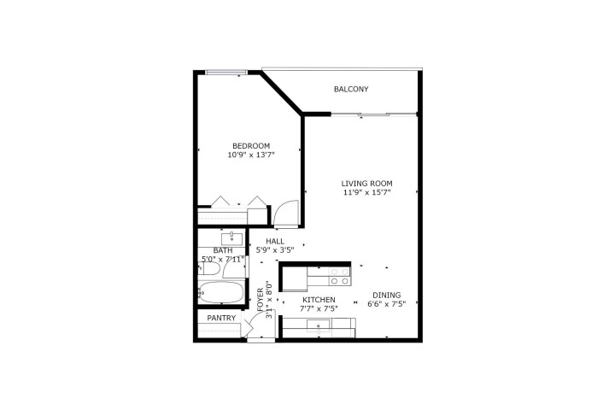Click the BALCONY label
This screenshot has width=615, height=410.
pos(351,89)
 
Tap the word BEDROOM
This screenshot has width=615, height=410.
pos(251,145)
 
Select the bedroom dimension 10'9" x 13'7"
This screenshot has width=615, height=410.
pos(251,155)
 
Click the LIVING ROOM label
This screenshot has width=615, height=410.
pos(366,184)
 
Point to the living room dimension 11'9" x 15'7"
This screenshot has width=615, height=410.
pos(366,194)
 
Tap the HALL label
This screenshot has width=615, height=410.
pos(275,242)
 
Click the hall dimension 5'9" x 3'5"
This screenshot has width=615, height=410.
pos(275,251)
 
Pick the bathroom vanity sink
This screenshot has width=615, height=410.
pos(232,238)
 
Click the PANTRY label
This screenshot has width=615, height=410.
pos(221,319)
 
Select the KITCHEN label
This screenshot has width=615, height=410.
pos(319,301)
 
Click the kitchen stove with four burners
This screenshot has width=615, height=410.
pos(340,277)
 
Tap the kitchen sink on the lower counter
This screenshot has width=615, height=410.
pos(319,325)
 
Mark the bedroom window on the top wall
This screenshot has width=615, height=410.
pos(227,73)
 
